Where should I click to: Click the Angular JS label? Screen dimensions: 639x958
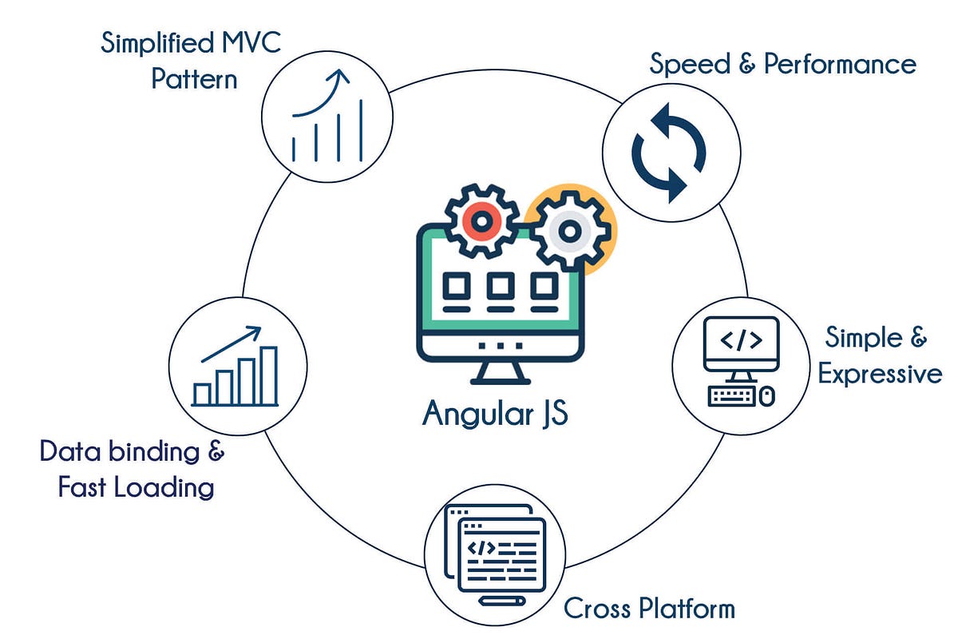[495, 413]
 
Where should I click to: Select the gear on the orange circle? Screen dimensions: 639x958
[568, 231]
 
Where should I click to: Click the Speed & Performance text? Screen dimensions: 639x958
[782, 64]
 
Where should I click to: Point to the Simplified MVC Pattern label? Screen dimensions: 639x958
[191, 61]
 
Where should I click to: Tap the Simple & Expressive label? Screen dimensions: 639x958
[879, 355]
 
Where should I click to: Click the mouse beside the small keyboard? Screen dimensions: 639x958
[766, 396]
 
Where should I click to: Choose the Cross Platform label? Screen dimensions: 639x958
[649, 609]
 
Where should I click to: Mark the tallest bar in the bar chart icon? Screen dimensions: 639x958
[269, 375]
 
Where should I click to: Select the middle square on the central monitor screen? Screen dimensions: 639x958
[501, 285]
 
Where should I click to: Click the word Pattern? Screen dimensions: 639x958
[194, 80]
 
